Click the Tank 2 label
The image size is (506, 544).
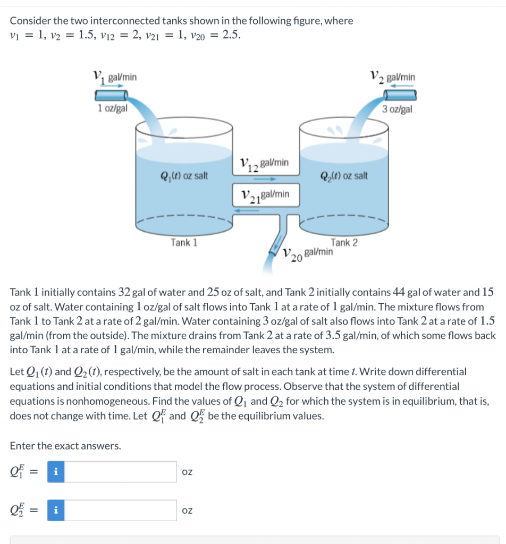point(344,243)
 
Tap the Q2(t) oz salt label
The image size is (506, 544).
point(344,175)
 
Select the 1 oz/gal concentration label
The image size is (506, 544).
point(112,109)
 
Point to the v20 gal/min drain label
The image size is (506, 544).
point(308,253)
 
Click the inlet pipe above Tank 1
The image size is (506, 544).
point(111,95)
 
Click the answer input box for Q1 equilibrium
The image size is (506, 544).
point(120,472)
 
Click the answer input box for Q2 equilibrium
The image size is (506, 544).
point(120,511)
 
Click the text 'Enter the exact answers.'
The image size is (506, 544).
point(65,446)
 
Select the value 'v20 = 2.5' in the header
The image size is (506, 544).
point(217,36)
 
